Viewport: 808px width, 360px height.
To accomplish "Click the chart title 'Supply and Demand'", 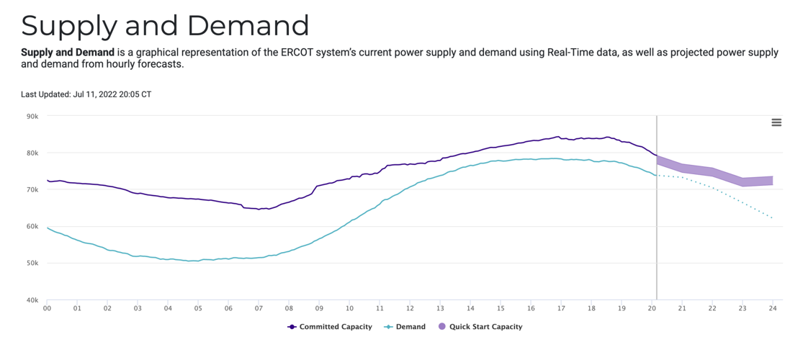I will tap(165, 25).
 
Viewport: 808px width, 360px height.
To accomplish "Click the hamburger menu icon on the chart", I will tap(776, 122).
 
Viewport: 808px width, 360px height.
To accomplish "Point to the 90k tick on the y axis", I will tap(32, 116).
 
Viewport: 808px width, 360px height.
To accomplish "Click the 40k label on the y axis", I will tap(32, 300).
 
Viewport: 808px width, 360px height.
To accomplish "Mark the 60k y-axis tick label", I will tap(32, 226).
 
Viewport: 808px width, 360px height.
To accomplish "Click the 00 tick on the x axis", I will tap(48, 308).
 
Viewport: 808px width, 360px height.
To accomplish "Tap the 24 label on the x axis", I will tap(773, 308).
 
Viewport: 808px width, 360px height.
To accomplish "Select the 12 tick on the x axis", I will tap(410, 308).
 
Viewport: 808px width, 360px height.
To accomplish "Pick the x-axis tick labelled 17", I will tap(561, 308).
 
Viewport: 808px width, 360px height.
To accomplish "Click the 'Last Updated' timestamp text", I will tap(86, 94).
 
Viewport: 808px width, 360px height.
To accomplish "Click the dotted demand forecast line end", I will tap(772, 217).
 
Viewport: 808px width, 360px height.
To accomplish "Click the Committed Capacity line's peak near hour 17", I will tap(557, 137).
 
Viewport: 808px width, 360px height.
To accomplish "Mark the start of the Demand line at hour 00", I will tap(48, 228).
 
